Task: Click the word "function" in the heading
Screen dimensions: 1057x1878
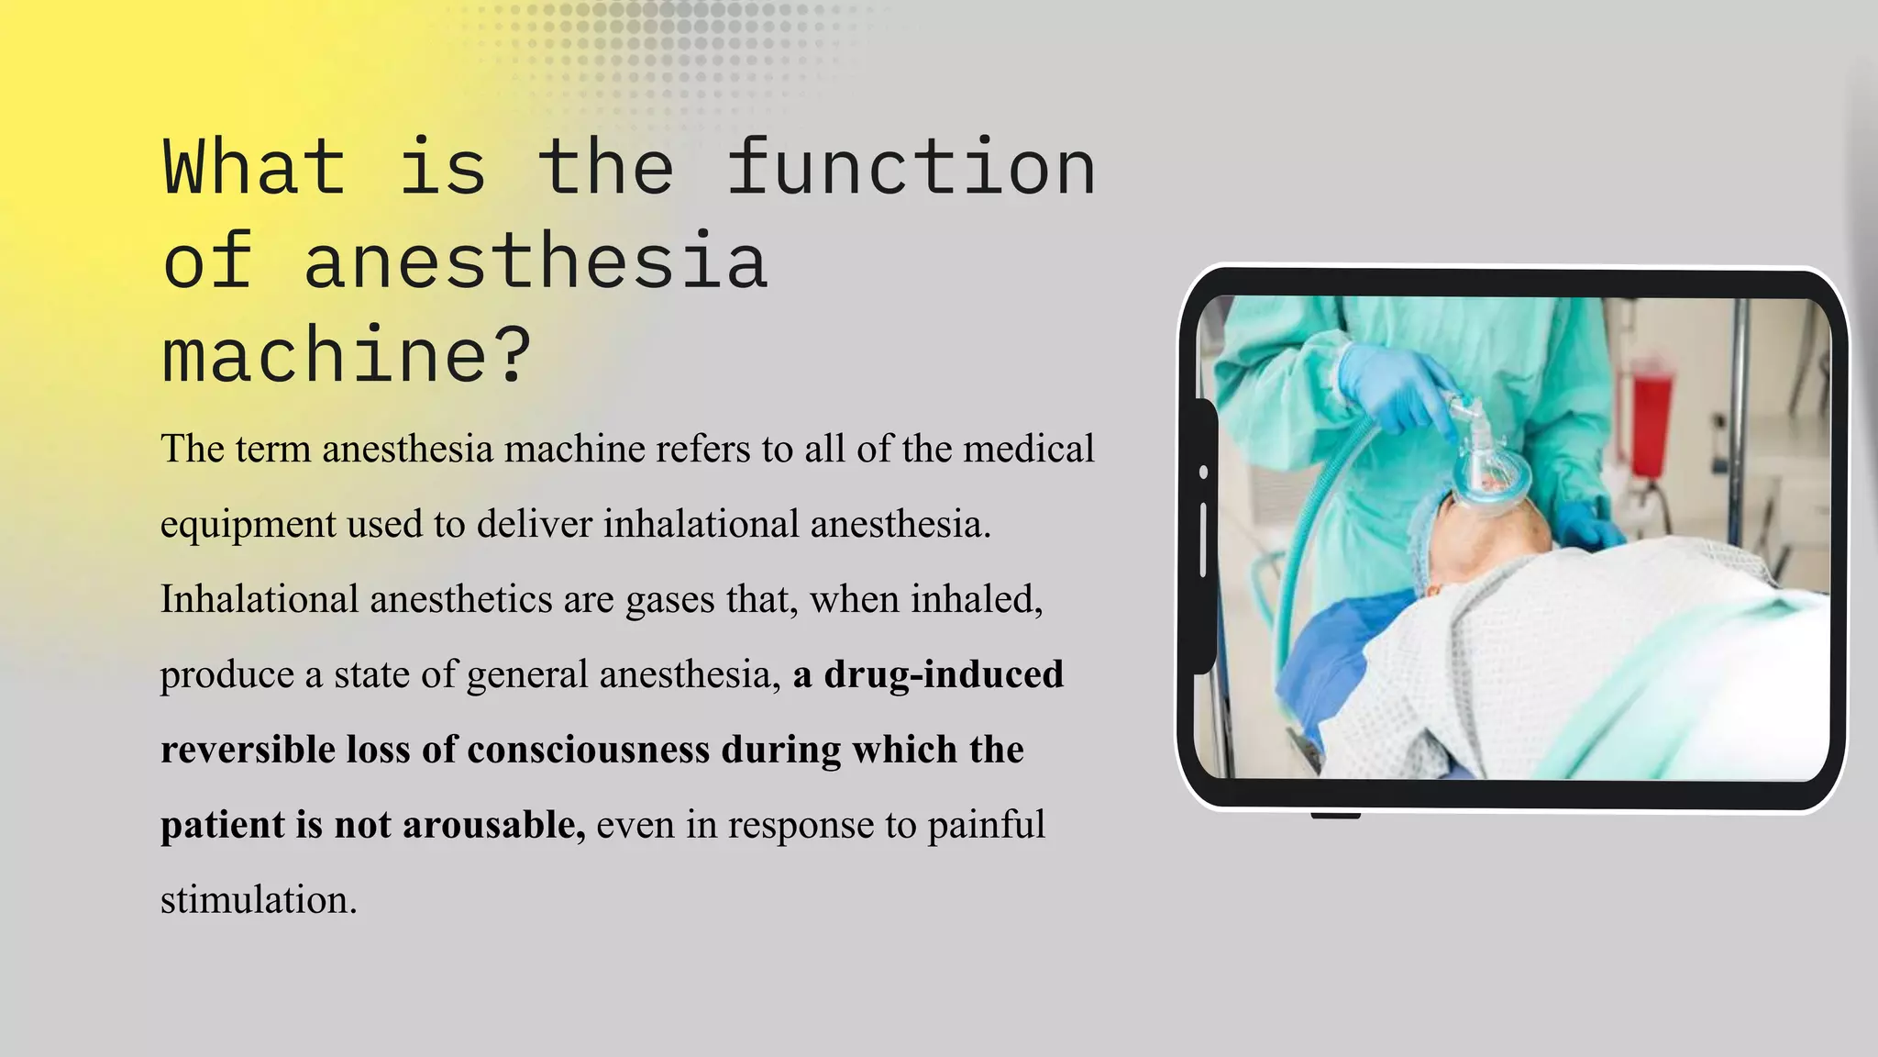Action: pos(911,167)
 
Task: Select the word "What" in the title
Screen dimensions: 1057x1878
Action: pos(254,167)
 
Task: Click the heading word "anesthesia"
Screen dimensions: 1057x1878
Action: pos(536,261)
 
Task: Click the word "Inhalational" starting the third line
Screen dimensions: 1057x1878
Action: pos(260,599)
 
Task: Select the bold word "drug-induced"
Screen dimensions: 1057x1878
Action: pos(944,674)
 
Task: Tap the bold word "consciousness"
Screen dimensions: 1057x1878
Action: pos(589,750)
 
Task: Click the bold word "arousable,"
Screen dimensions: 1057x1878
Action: pos(493,825)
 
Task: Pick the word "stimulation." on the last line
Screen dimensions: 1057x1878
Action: pos(259,900)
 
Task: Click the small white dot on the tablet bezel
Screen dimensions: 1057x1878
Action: pos(1203,472)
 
